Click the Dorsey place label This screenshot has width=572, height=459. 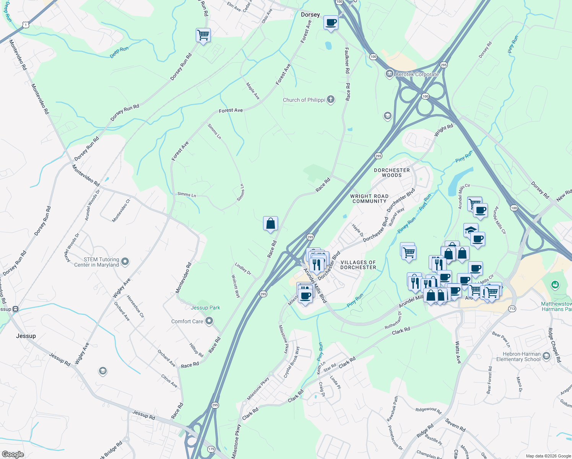[x=310, y=15]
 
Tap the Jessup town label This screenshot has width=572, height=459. [x=26, y=336]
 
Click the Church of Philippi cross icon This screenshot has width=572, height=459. [x=331, y=100]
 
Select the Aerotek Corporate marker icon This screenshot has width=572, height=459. [x=389, y=73]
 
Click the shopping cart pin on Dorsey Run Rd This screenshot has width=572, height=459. [x=203, y=35]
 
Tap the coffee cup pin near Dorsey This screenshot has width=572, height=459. [x=331, y=23]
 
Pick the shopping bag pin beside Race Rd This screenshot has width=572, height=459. [x=270, y=223]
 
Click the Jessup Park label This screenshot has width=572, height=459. [x=205, y=308]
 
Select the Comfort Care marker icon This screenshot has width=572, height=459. [x=209, y=321]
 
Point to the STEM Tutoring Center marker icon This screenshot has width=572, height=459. [x=125, y=262]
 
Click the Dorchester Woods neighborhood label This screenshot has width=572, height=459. [x=392, y=173]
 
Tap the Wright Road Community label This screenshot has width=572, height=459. [x=369, y=199]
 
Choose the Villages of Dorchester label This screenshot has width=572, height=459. [x=358, y=265]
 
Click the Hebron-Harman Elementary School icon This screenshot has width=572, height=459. [x=546, y=356]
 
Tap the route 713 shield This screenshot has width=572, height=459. [x=512, y=309]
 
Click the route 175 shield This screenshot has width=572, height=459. [x=211, y=449]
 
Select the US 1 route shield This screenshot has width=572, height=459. [x=25, y=24]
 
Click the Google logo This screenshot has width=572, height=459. [x=13, y=454]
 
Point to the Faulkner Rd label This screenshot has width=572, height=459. [x=347, y=60]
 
